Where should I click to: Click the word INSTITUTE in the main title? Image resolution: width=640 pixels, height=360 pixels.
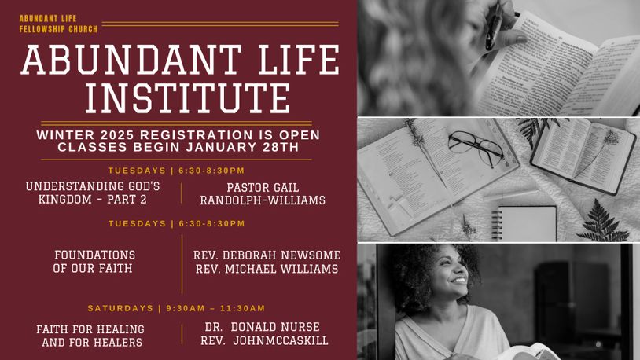[x=188, y=98]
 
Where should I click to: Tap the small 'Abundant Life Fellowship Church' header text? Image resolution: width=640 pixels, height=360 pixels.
[x=58, y=24]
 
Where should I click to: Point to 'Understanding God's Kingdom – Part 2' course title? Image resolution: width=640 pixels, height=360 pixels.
[x=93, y=193]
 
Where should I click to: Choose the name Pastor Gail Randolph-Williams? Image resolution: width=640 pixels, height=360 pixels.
[x=263, y=193]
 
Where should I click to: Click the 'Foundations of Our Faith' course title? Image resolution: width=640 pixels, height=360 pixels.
[x=94, y=262]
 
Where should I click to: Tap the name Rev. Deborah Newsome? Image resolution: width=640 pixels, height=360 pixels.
[x=267, y=255]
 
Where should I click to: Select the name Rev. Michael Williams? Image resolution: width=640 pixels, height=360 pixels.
[x=267, y=269]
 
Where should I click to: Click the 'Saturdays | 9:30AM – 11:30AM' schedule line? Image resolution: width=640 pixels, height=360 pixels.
[x=176, y=308]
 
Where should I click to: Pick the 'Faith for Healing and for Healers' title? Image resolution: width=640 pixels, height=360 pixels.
[x=90, y=336]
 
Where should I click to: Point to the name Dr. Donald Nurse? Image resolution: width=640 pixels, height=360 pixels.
[x=263, y=327]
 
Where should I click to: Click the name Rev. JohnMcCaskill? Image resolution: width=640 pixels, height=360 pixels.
[x=264, y=340]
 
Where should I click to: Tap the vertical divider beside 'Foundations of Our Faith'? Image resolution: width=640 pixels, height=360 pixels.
[x=182, y=264]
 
